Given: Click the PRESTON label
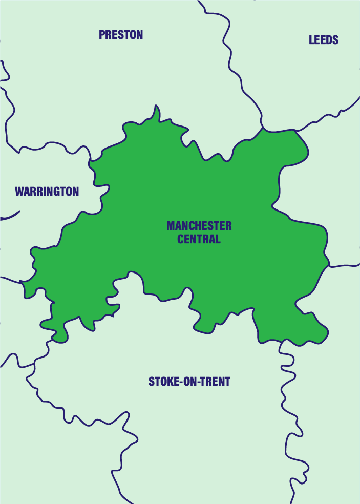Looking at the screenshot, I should (x=121, y=35).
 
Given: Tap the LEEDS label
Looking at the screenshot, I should (x=324, y=40).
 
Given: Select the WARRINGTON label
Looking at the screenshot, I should (x=47, y=192).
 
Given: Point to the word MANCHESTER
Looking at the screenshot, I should (x=199, y=226).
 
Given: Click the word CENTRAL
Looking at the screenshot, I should (x=199, y=239).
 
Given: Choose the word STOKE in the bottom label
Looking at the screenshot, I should (x=163, y=382).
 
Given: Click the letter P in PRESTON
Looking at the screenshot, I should (x=102, y=35).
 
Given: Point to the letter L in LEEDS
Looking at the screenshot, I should (x=311, y=40).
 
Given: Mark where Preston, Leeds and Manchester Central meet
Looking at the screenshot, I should (x=263, y=128).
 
